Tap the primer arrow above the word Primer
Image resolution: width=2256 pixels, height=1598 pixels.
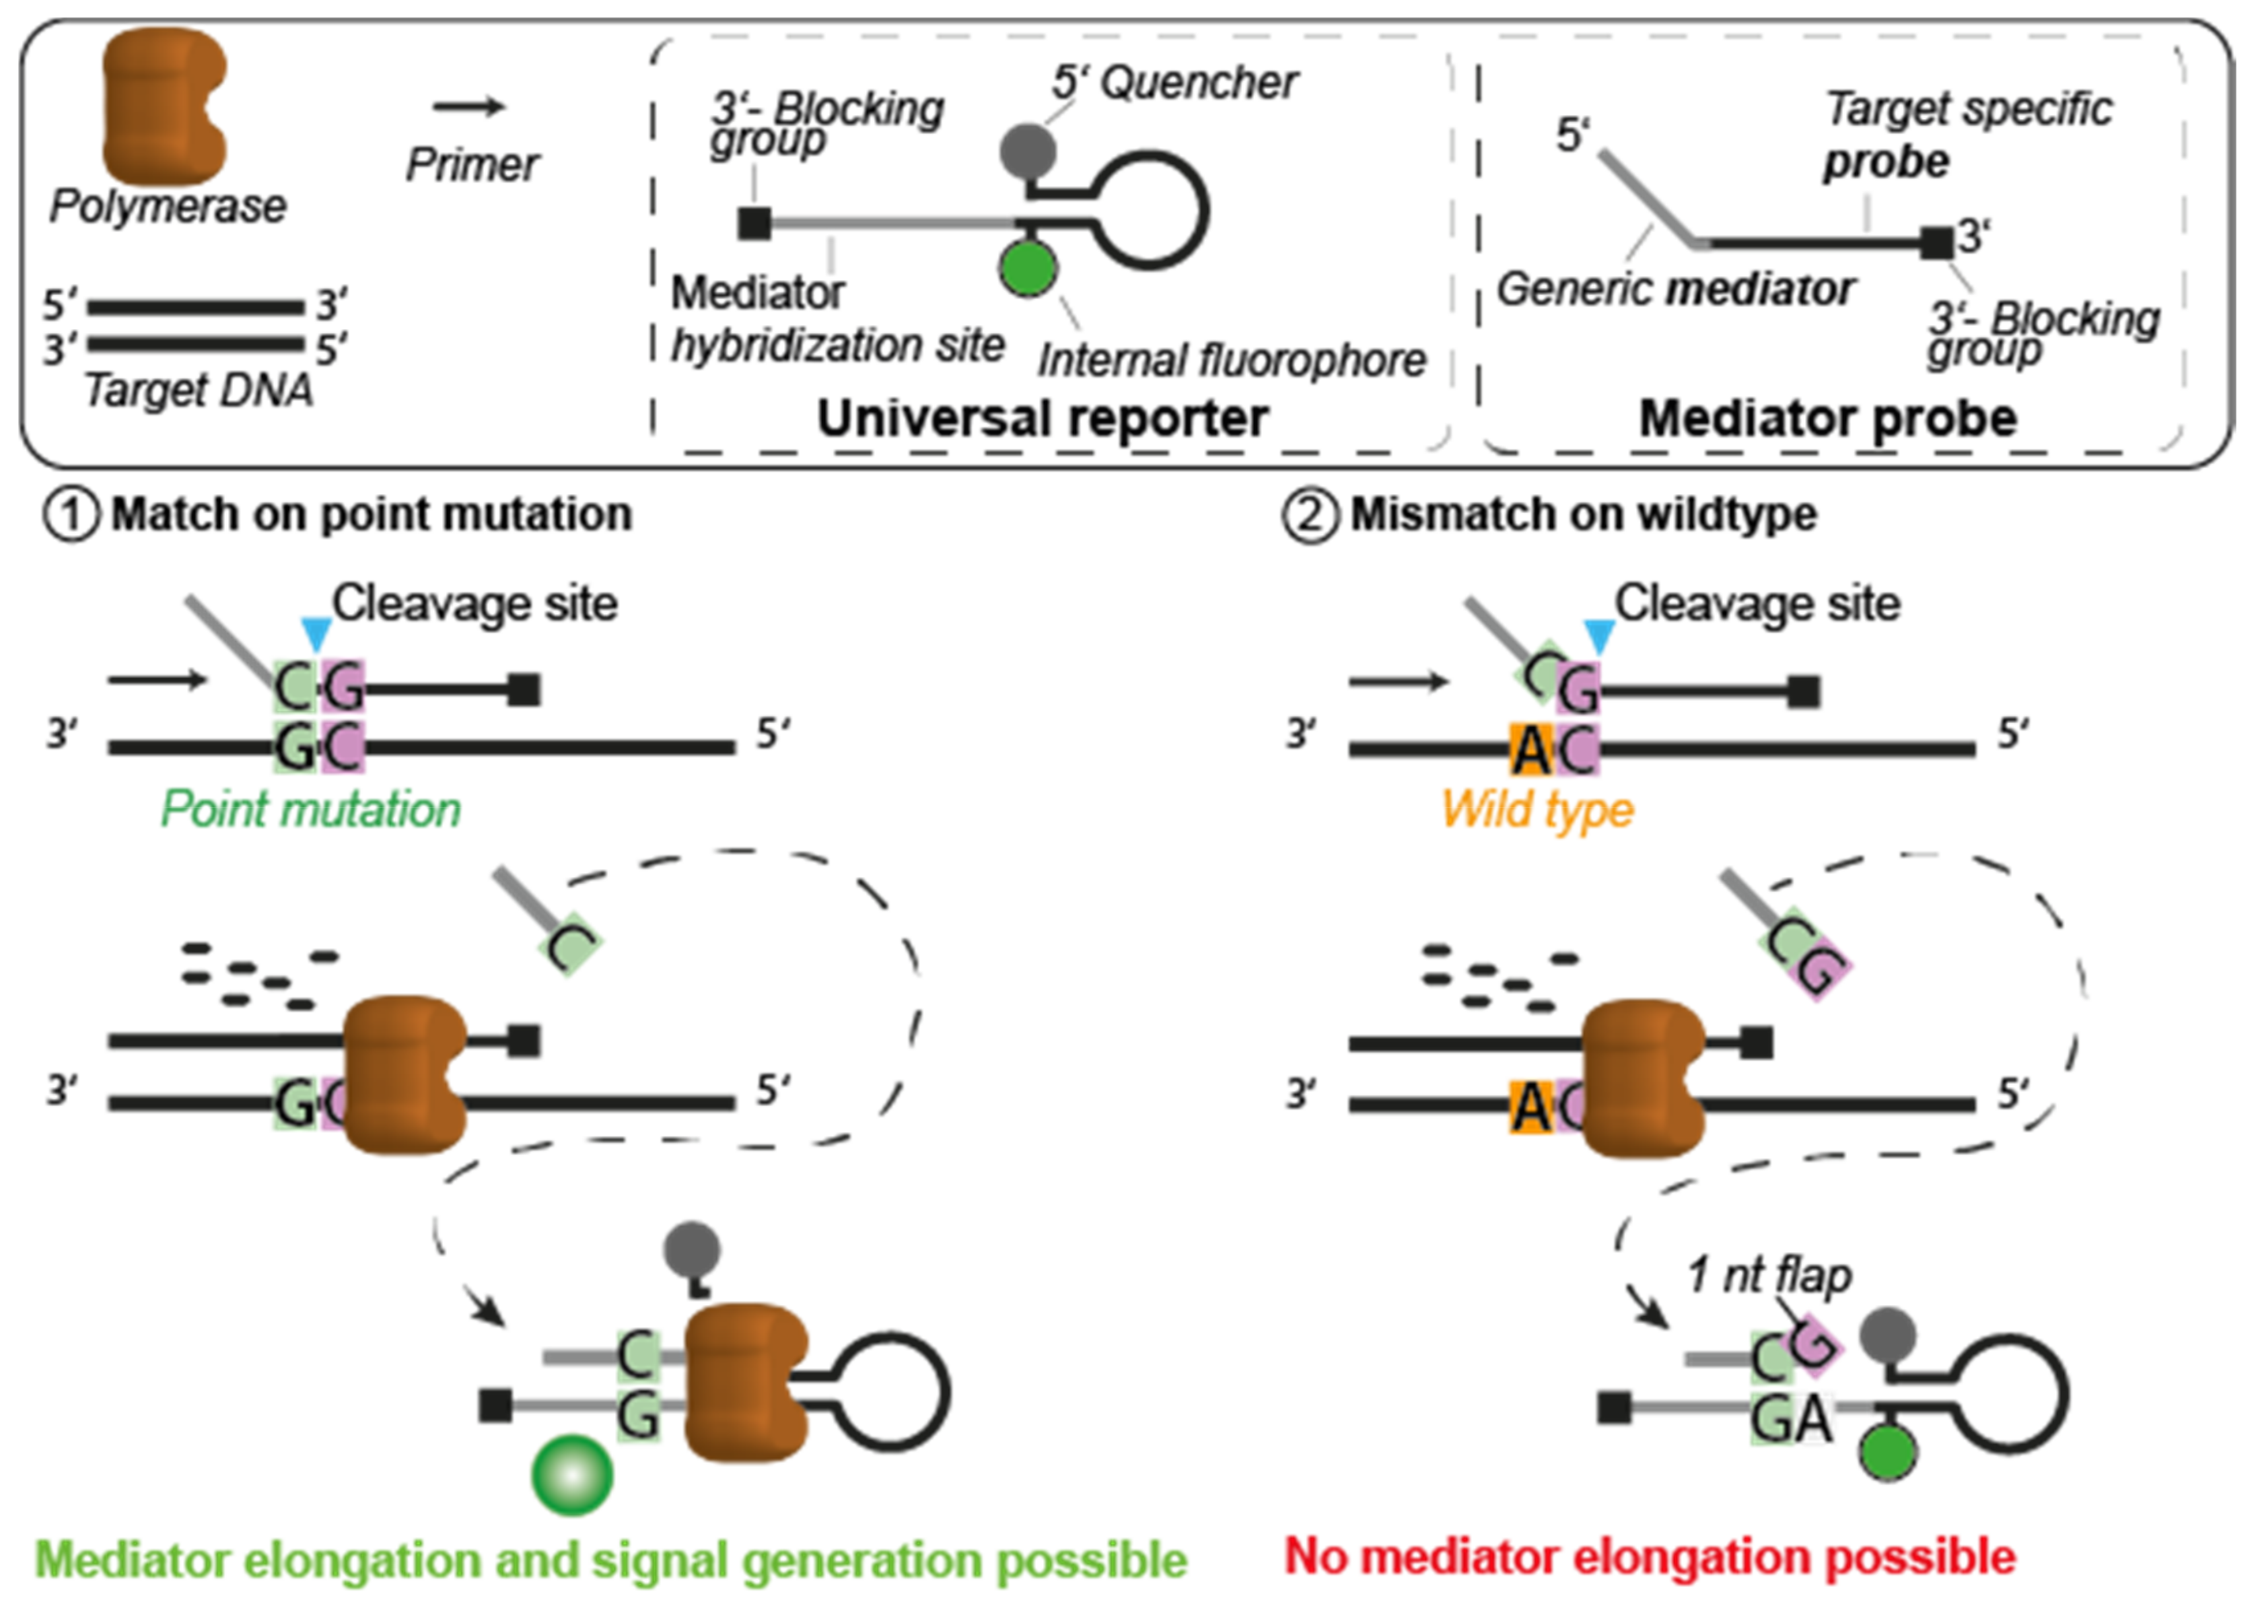470,106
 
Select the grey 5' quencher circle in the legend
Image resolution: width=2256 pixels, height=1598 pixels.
1028,151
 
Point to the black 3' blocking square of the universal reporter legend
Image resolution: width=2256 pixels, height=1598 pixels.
755,223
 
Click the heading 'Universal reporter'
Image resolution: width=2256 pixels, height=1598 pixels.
1043,418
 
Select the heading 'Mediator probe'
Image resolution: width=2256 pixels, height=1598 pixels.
1828,418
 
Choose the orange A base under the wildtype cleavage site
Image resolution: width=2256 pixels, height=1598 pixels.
1531,749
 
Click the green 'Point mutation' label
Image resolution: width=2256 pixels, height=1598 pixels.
310,810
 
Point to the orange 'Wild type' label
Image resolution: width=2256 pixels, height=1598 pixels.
1537,810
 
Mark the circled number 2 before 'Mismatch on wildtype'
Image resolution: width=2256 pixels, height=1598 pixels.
1310,514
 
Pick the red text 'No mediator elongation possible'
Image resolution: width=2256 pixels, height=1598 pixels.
1650,1556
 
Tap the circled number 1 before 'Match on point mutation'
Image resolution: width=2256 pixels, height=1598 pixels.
71,514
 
